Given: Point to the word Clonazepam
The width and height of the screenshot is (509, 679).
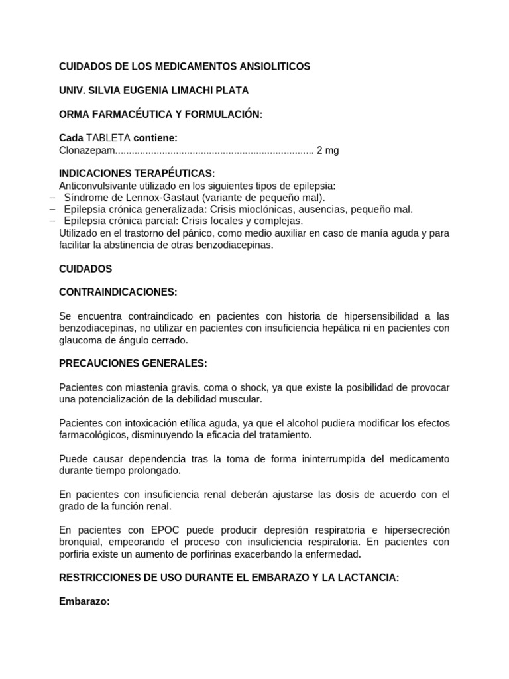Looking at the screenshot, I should pyautogui.click(x=87, y=150).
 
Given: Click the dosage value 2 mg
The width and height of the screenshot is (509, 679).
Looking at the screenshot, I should pyautogui.click(x=327, y=150).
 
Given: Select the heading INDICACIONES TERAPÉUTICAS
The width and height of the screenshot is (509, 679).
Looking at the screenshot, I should pyautogui.click(x=137, y=174).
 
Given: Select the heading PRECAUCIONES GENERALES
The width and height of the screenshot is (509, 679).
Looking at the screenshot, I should pyautogui.click(x=133, y=363).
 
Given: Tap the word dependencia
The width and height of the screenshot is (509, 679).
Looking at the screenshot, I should pyautogui.click(x=149, y=459).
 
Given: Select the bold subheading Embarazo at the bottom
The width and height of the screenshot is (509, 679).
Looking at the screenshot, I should pyautogui.click(x=84, y=601).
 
